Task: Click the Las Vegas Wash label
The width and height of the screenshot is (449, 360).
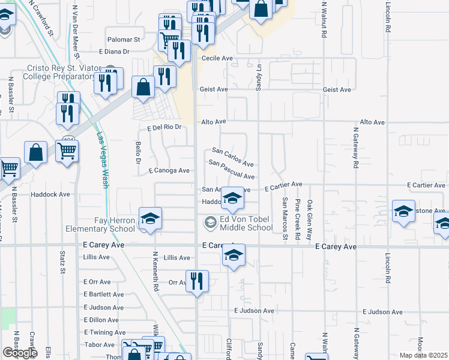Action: coord(102,160)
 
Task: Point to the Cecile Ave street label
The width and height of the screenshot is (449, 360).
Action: coord(217,58)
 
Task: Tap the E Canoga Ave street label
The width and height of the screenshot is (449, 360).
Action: coord(169,170)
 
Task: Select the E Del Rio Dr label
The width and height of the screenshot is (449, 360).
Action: coord(164,127)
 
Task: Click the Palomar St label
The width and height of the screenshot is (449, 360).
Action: coord(123,40)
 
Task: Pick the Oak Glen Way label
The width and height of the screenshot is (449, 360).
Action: coord(310,220)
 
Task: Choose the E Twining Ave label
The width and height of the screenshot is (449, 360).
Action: coord(105,332)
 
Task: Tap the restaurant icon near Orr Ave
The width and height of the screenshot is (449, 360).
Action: coord(196,281)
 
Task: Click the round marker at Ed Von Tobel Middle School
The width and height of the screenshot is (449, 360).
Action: coord(210,223)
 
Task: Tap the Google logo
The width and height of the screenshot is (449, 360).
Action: coord(20,352)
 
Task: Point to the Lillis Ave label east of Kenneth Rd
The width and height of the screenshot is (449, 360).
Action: coord(176,257)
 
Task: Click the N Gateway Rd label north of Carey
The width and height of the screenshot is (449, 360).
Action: coord(355,147)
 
